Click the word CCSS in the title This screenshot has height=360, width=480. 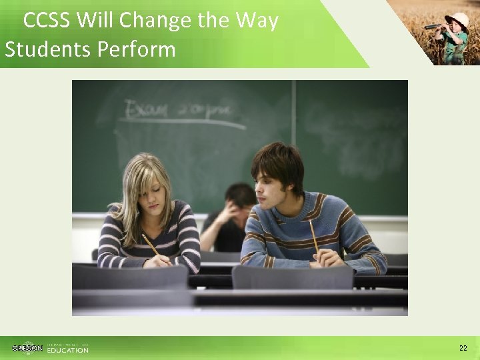tap(47, 21)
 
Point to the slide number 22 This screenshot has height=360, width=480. tap(463, 348)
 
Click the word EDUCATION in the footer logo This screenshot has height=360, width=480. tap(67, 350)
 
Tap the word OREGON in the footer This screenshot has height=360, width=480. tap(27, 348)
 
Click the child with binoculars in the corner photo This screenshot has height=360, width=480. tap(454, 37)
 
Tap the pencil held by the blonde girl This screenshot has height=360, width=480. tap(150, 245)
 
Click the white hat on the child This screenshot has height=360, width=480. tap(459, 18)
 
